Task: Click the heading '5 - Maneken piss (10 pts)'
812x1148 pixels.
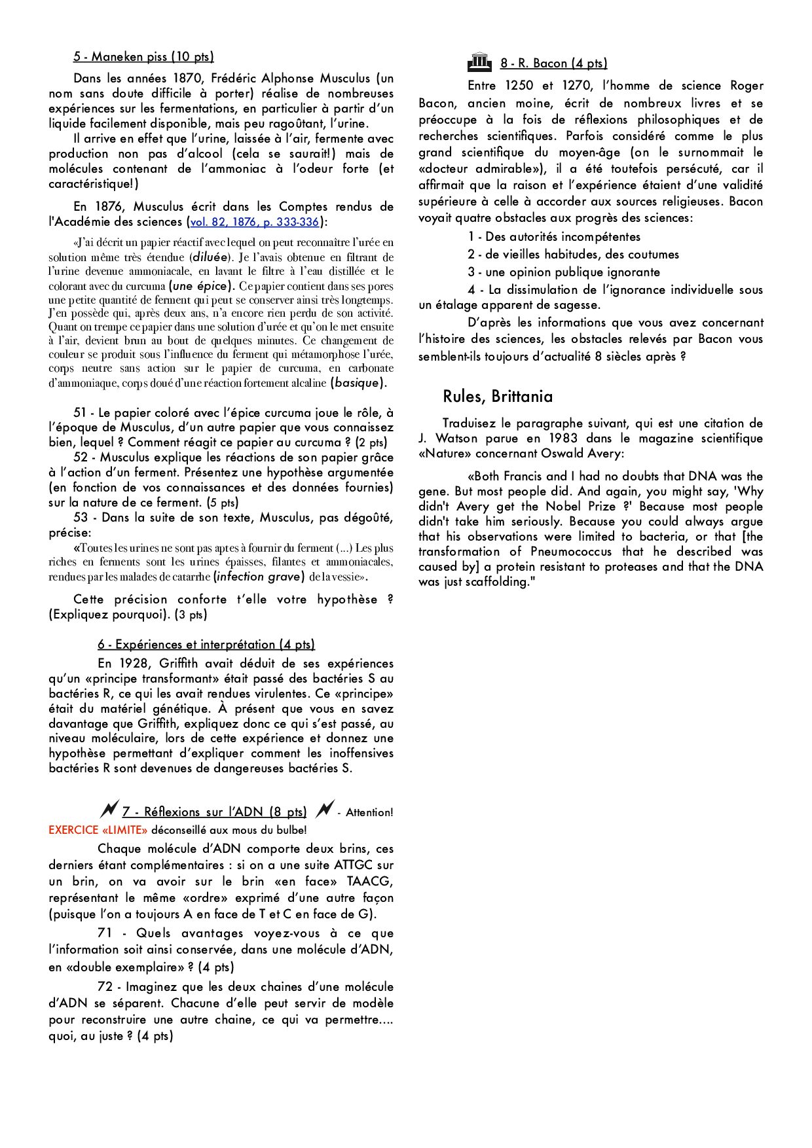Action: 143,57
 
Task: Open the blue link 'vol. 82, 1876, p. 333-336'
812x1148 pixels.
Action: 255,222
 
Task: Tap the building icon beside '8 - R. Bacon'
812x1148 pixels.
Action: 479,62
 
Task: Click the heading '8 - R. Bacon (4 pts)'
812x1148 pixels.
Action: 553,63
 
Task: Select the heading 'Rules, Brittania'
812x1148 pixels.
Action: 497,397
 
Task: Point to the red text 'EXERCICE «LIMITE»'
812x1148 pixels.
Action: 98,830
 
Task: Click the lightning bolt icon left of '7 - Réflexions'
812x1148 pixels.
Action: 109,810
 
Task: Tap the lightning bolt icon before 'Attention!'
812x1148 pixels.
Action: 323,810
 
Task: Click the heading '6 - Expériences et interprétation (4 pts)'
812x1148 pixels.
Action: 206,645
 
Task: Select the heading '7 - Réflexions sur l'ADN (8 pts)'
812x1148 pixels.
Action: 214,812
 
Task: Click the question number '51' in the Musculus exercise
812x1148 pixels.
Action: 80,413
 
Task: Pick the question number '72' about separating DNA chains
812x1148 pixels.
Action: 105,987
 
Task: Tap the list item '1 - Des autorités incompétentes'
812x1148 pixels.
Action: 554,237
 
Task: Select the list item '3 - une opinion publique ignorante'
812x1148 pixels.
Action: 563,272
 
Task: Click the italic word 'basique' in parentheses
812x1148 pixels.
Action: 357,383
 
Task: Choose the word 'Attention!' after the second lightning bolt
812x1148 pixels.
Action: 369,813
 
